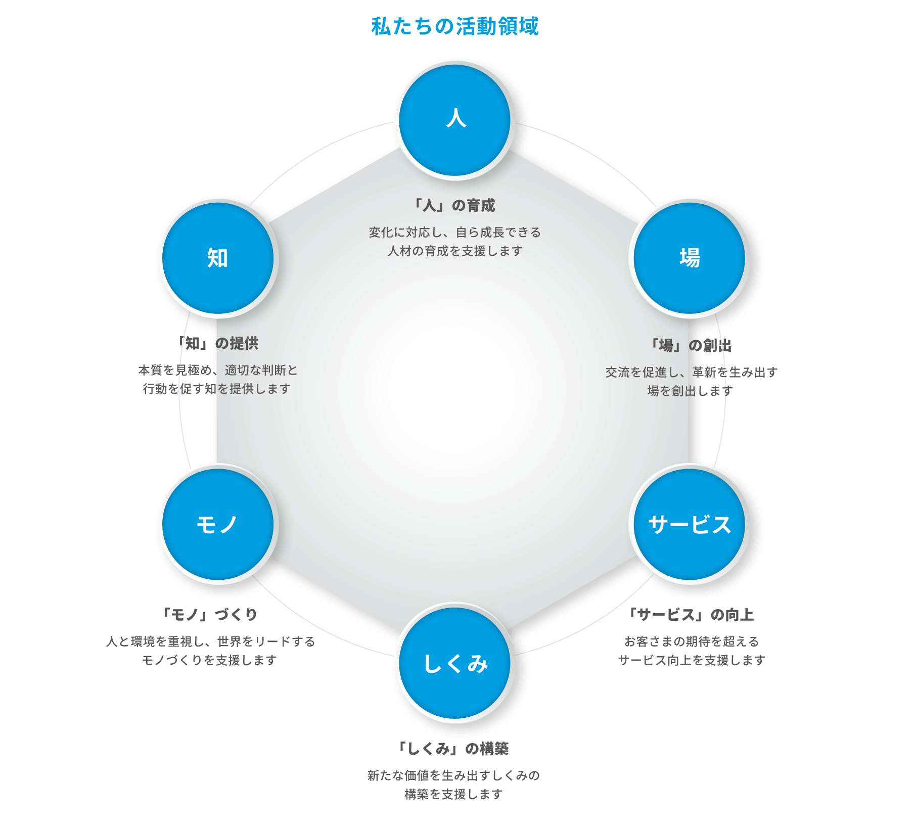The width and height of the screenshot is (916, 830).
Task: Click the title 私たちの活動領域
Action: (455, 26)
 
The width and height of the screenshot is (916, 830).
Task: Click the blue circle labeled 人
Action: (455, 120)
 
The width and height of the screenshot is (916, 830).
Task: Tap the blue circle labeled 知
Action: (218, 258)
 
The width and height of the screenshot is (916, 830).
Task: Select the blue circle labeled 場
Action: (690, 258)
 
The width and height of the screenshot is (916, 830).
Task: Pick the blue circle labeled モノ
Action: (218, 524)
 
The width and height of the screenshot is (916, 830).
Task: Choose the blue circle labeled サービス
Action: (690, 524)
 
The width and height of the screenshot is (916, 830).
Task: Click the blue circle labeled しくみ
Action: (455, 663)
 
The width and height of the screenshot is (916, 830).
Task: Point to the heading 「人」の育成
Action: (453, 206)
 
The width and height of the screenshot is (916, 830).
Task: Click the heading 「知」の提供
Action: (218, 344)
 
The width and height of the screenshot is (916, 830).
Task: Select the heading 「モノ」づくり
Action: (209, 615)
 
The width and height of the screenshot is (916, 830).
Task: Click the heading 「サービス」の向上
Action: (691, 615)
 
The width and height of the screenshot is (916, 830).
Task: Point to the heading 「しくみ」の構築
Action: (453, 749)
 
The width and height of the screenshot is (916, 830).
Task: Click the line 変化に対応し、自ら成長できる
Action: (454, 233)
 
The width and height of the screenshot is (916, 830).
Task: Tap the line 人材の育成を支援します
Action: (454, 251)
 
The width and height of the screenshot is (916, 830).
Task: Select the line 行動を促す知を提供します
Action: (217, 389)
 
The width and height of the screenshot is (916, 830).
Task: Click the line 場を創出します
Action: (690, 391)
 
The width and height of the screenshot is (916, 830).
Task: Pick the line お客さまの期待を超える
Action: (691, 641)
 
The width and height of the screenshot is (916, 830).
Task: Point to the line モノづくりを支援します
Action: (209, 660)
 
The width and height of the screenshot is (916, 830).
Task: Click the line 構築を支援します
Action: (453, 794)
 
